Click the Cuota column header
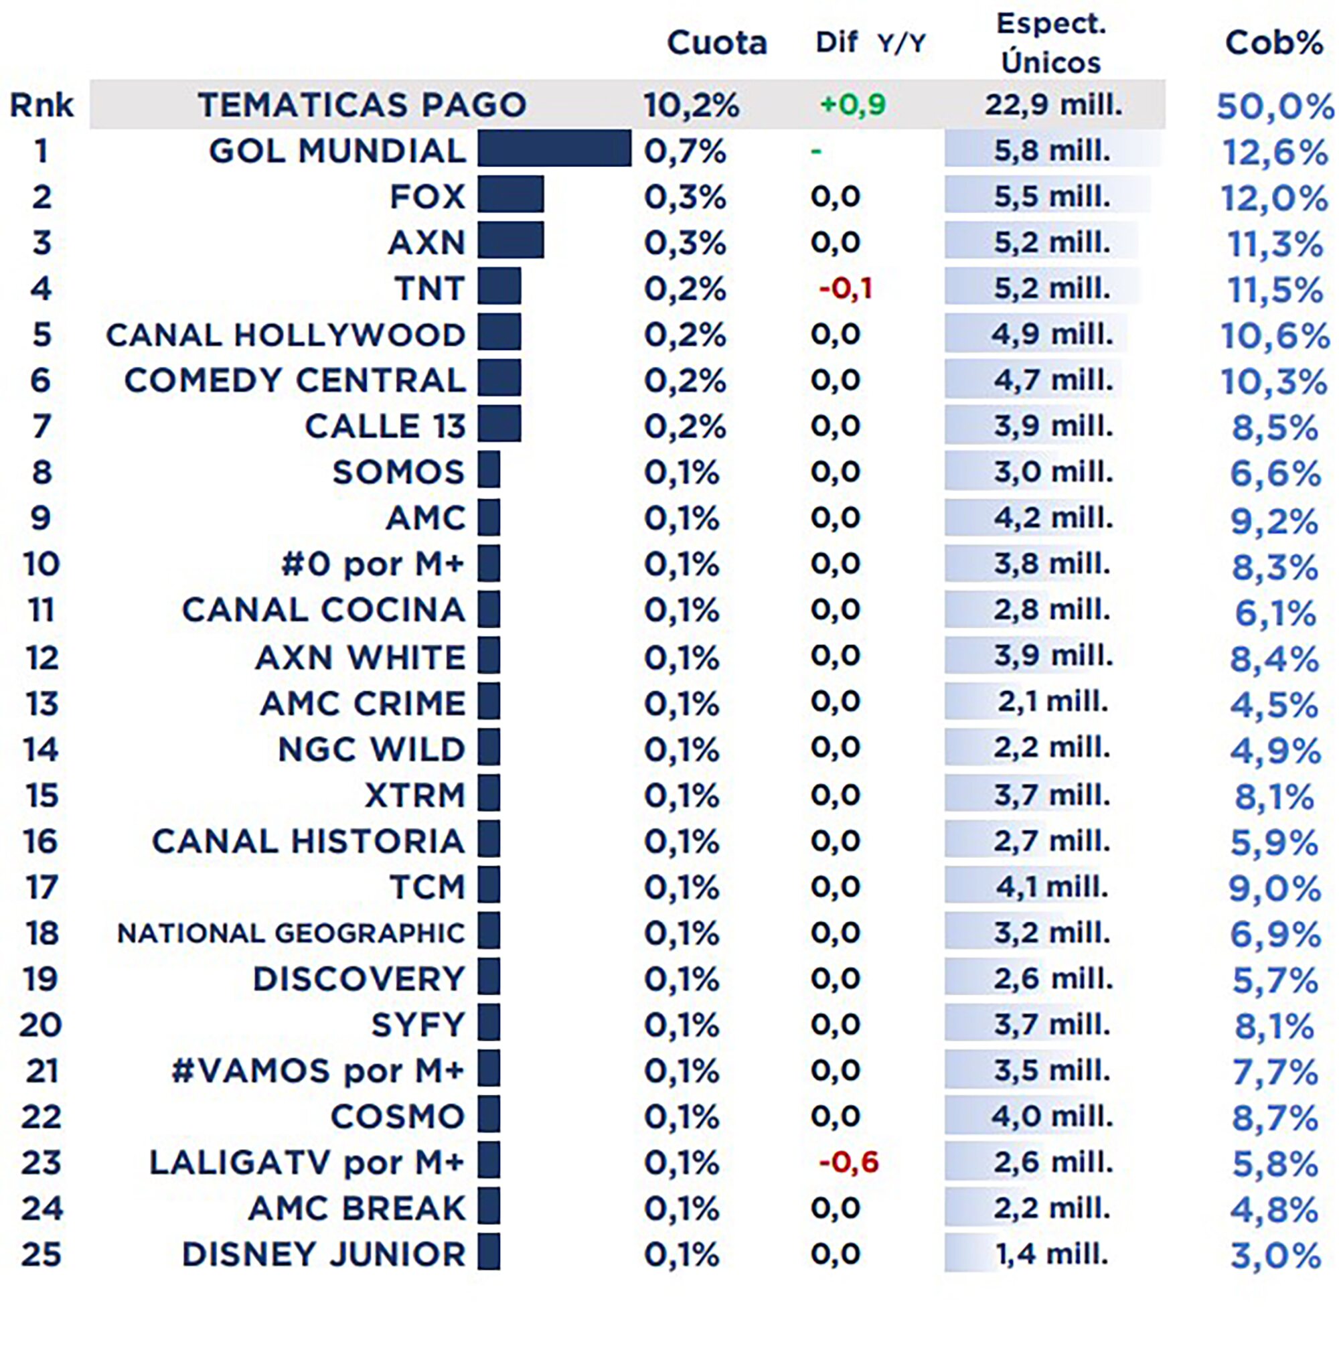[716, 44]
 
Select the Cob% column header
[1273, 44]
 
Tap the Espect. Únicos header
[1051, 44]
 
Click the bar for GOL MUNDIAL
[554, 148]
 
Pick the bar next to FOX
[510, 195]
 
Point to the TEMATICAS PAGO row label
[362, 105]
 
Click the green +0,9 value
[852, 105]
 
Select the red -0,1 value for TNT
[845, 288]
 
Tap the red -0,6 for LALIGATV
[848, 1162]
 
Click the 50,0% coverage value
[1274, 107]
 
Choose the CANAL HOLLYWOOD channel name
[285, 335]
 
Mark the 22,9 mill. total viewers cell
[1053, 105]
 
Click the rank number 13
[41, 704]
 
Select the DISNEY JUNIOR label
[323, 1255]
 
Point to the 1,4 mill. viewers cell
[1052, 1254]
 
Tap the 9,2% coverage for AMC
[1273, 521]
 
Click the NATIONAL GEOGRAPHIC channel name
[291, 933]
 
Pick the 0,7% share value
[684, 151]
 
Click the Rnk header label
[41, 105]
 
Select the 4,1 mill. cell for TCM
[1052, 887]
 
